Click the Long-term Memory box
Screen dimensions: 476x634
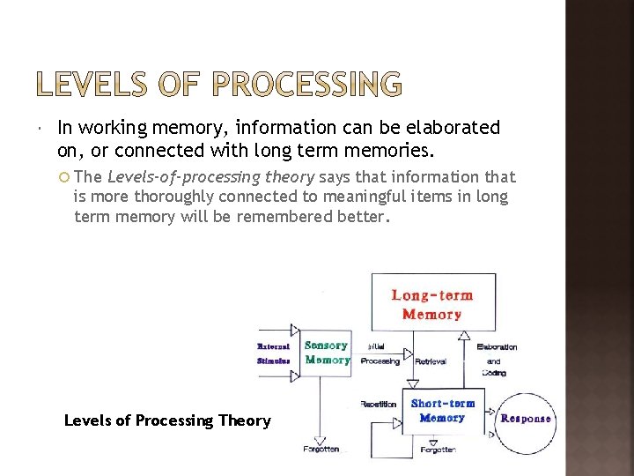[431, 304]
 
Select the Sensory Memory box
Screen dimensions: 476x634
[327, 353]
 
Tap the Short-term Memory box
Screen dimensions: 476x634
[442, 411]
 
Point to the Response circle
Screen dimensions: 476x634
[525, 418]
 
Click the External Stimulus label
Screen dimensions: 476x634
[274, 353]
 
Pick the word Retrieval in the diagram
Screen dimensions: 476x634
[431, 361]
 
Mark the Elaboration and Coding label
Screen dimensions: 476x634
[496, 360]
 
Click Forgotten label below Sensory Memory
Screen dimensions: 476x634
[321, 449]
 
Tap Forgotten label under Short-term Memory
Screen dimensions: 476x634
[438, 450]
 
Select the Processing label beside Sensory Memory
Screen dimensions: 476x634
[380, 361]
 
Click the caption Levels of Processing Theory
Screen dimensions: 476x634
[167, 420]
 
